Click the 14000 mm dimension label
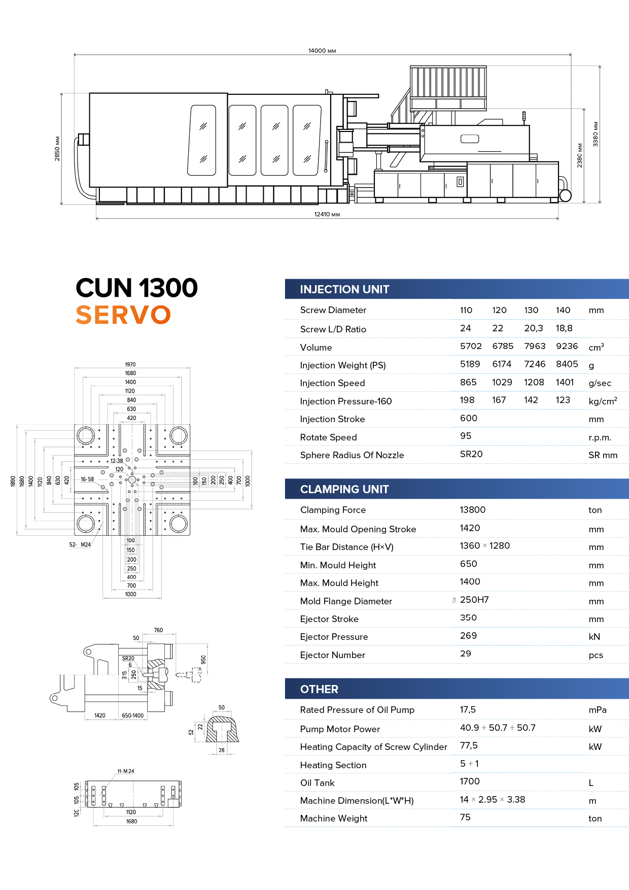tap(322, 51)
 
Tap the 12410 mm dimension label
tap(327, 215)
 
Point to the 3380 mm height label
tap(596, 134)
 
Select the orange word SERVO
tap(123, 315)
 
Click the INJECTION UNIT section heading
tap(344, 289)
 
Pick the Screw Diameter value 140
tap(563, 310)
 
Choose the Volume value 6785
tap(503, 346)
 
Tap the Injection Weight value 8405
tap(567, 364)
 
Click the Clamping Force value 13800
tap(472, 509)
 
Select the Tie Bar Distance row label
tap(346, 547)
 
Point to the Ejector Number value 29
tap(466, 654)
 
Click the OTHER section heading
tap(319, 689)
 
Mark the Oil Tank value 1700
tap(470, 781)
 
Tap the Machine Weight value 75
tap(465, 817)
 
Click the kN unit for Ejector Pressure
tap(595, 637)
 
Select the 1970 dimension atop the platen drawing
tap(130, 364)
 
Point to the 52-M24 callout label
tap(80, 544)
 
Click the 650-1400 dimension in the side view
tap(132, 715)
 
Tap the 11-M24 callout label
tap(126, 771)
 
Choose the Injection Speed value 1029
tap(502, 382)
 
